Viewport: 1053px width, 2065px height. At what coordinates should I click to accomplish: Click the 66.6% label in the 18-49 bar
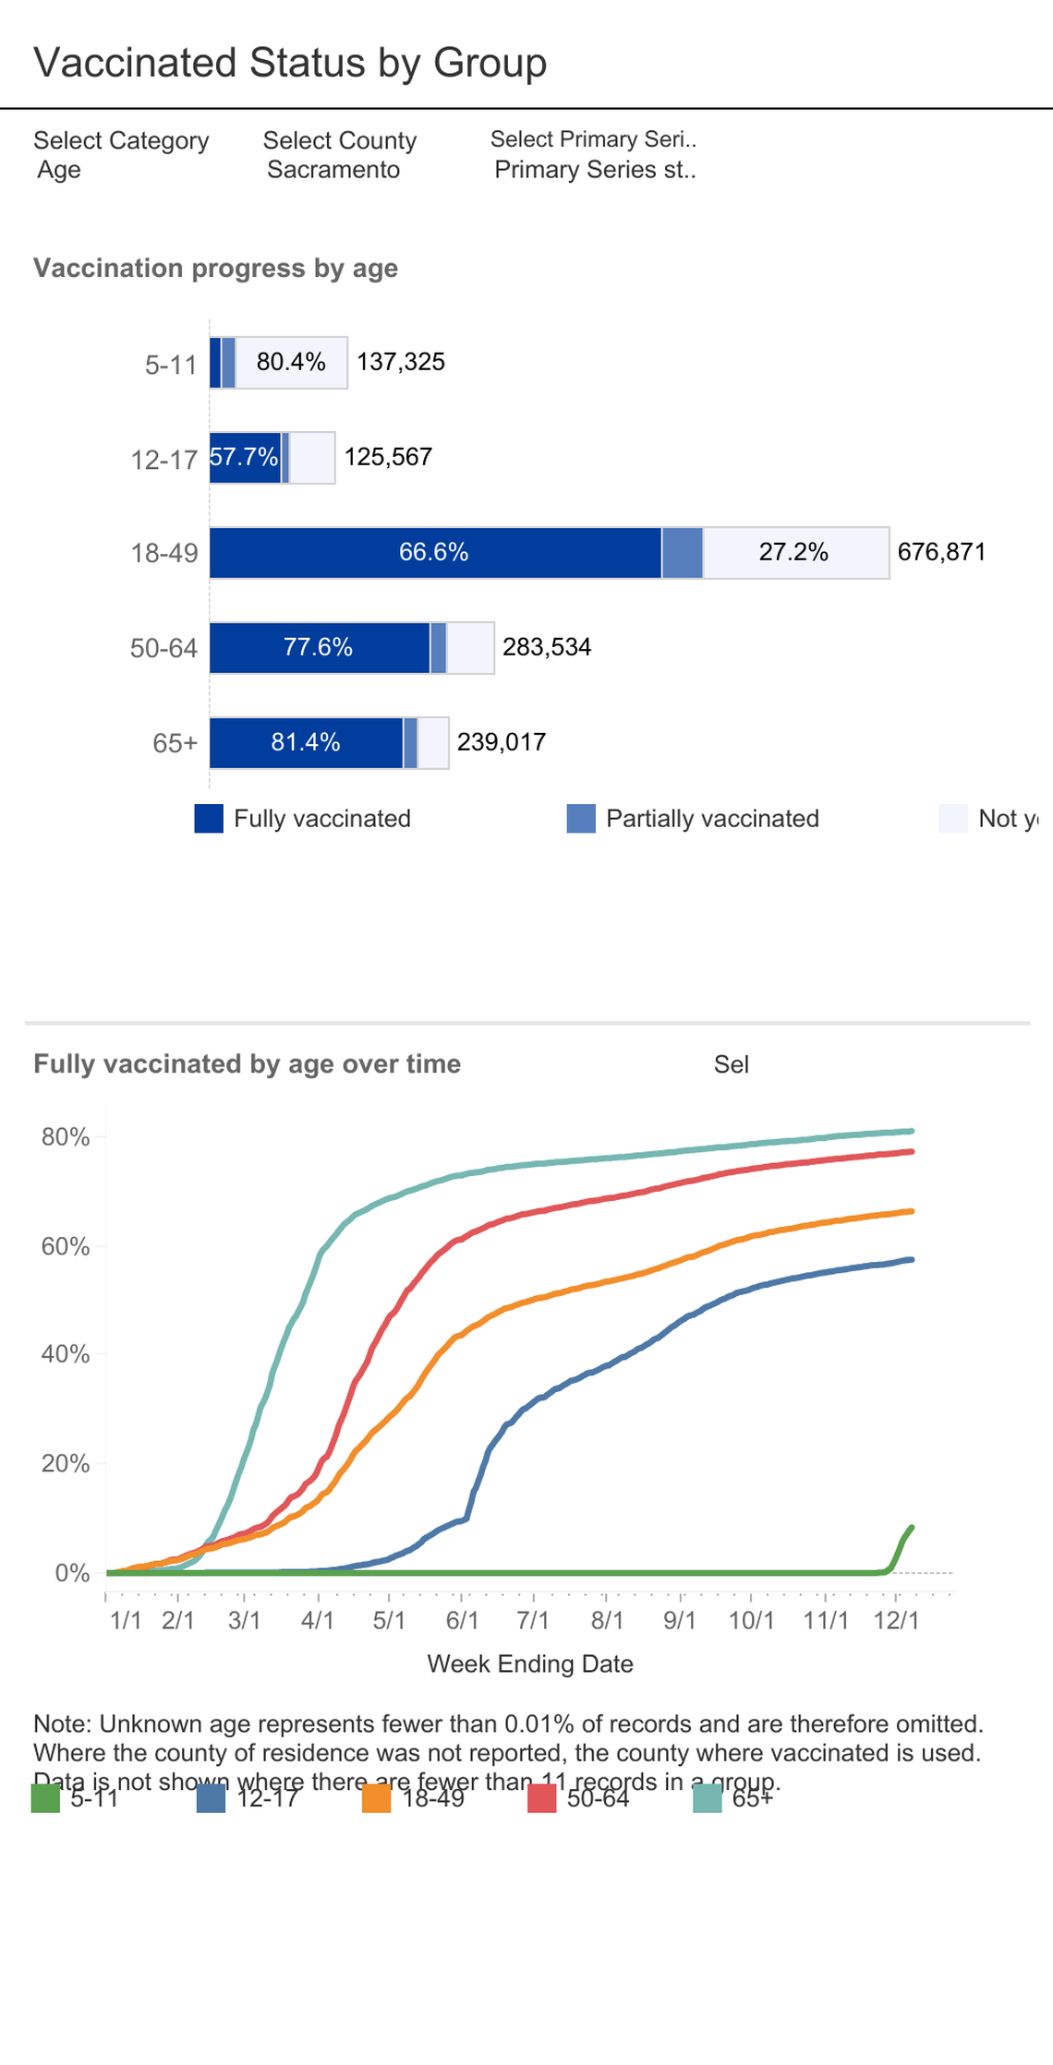(433, 552)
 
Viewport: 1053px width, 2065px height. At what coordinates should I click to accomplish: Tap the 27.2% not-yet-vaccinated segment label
(793, 552)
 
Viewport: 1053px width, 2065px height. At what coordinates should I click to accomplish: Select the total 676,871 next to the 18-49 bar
(941, 552)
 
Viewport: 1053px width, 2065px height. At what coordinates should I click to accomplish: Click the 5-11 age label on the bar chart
(171, 365)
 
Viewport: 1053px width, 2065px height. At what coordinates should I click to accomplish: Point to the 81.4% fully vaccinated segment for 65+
(306, 742)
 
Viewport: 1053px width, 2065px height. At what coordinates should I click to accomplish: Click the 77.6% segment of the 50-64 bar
(318, 647)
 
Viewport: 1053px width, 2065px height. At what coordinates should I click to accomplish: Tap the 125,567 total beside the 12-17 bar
(388, 457)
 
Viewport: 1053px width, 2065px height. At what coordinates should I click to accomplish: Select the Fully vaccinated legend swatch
(209, 819)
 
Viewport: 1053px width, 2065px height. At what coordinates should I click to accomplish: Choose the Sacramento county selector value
(333, 170)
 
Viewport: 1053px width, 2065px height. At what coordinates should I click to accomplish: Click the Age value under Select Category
(59, 170)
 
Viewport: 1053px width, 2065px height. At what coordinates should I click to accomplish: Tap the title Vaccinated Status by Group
(290, 63)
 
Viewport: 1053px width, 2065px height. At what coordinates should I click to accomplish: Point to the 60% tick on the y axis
(66, 1247)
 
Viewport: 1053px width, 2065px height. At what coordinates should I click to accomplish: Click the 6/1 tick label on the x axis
(462, 1620)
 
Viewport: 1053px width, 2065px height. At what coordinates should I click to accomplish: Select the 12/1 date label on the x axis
(896, 1620)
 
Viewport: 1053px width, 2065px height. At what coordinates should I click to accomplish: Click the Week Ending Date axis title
(530, 1663)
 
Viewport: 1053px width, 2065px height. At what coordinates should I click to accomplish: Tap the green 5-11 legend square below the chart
(45, 1798)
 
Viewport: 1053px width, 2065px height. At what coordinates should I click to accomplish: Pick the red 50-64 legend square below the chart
(542, 1798)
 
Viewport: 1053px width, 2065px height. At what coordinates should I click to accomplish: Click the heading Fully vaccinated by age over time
(247, 1063)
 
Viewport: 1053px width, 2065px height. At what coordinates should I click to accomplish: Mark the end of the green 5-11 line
(912, 1528)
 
